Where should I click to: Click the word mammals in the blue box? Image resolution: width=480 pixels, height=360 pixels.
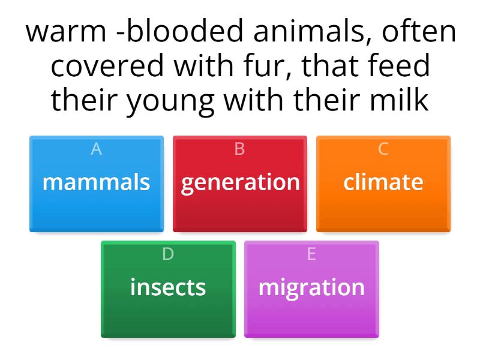pyautogui.click(x=96, y=182)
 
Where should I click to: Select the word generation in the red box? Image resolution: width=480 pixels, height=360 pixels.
pyautogui.click(x=240, y=182)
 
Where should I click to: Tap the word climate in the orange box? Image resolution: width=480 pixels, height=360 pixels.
pyautogui.click(x=383, y=182)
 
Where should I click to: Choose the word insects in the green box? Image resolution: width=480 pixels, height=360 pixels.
pyautogui.click(x=168, y=287)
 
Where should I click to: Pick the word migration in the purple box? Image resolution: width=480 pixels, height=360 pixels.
pyautogui.click(x=311, y=287)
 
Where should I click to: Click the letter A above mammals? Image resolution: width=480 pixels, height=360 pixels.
pyautogui.click(x=96, y=149)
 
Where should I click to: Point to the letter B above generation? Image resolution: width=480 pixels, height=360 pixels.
pyautogui.click(x=240, y=149)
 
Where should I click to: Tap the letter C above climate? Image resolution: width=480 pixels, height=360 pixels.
pyautogui.click(x=383, y=149)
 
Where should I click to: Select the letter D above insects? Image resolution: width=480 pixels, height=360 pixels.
pyautogui.click(x=168, y=254)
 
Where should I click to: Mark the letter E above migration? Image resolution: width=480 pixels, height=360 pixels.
pyautogui.click(x=311, y=254)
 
